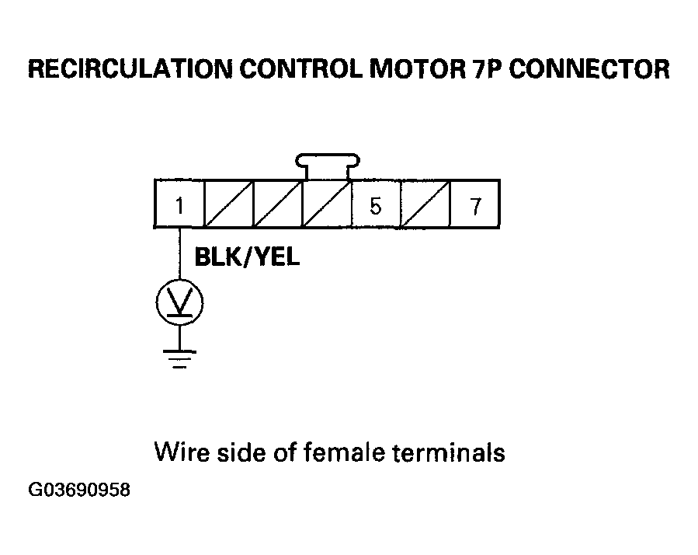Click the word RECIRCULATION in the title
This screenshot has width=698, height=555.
[x=130, y=69]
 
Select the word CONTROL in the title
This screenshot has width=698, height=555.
[x=301, y=69]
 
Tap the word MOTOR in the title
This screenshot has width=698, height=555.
[x=418, y=69]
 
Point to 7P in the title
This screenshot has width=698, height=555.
[x=488, y=69]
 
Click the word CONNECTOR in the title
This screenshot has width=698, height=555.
[x=589, y=69]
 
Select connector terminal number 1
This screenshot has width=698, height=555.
[x=179, y=205]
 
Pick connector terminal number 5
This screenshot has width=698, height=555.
[x=376, y=205]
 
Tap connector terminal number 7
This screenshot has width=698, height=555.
[x=475, y=205]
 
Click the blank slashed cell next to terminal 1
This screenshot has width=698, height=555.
[x=229, y=204]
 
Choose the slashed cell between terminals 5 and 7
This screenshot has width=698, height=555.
[x=425, y=204]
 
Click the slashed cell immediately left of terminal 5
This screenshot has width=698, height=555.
[x=327, y=204]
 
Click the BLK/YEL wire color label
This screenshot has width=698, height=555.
[x=248, y=257]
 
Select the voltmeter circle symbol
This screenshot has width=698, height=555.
[x=180, y=302]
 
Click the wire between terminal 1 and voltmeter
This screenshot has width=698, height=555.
[x=180, y=254]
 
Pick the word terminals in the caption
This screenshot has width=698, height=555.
[x=449, y=452]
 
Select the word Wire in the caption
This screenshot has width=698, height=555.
[x=182, y=452]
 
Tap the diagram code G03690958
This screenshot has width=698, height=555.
[x=79, y=490]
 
